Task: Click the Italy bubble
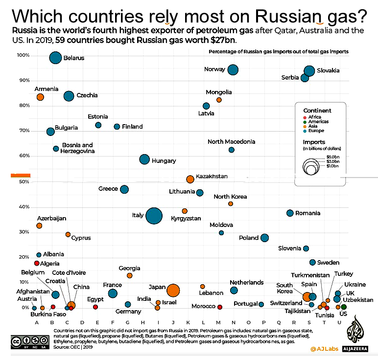(x=154, y=216)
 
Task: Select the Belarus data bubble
(x=55, y=58)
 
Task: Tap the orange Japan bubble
(x=173, y=291)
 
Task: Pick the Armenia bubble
(x=40, y=97)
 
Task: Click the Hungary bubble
(x=144, y=159)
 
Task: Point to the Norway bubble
(x=233, y=70)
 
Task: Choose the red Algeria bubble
(x=37, y=263)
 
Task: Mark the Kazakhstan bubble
(x=190, y=180)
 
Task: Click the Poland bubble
(x=265, y=238)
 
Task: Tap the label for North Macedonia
(x=231, y=142)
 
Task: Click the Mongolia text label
(x=219, y=92)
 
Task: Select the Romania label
(x=308, y=213)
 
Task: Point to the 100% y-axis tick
(x=23, y=55)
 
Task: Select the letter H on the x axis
(x=142, y=322)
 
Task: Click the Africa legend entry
(x=313, y=117)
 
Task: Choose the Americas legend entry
(x=317, y=122)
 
